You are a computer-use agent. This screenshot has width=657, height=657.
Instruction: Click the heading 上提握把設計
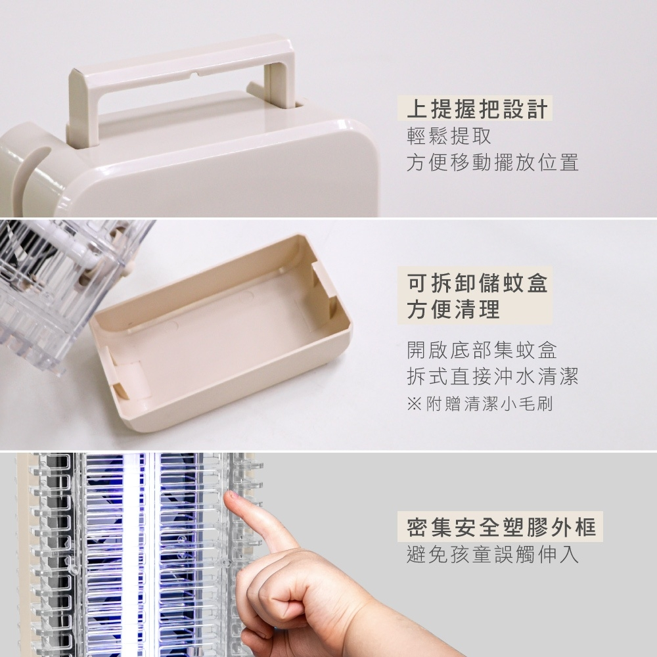[477, 109]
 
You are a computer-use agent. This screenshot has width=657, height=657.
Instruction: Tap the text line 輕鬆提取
[449, 136]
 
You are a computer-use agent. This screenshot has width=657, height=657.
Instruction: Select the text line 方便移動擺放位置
[492, 162]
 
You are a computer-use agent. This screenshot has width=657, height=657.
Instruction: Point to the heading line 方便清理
[453, 309]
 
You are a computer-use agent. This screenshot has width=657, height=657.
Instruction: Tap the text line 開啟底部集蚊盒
[482, 351]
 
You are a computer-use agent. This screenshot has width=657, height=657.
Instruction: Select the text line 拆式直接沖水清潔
[492, 376]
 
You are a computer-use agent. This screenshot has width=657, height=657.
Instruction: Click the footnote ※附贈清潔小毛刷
[480, 404]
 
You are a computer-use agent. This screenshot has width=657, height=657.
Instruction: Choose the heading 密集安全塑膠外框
[501, 527]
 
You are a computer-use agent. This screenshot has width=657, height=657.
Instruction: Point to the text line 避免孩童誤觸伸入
[492, 555]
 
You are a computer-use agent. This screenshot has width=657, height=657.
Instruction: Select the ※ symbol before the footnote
[413, 404]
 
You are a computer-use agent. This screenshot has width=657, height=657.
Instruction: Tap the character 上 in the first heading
[417, 109]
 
